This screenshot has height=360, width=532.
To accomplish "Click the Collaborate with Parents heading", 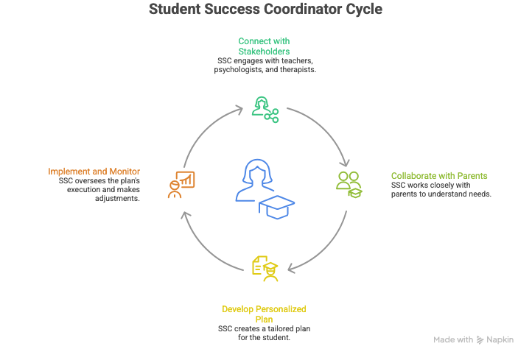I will pyautogui.click(x=439, y=175).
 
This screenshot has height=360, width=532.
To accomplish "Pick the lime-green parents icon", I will pyautogui.click(x=349, y=183).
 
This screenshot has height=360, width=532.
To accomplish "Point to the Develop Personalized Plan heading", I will pyautogui.click(x=265, y=313).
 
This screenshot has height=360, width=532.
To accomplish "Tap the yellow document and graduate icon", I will pyautogui.click(x=265, y=268).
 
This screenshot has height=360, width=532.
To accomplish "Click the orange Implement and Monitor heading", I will pyautogui.click(x=94, y=172).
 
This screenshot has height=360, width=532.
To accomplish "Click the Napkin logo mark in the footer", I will pyautogui.click(x=480, y=340).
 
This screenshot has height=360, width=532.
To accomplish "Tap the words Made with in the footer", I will pyautogui.click(x=453, y=340).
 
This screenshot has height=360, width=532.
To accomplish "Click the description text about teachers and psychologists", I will pyautogui.click(x=265, y=66).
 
